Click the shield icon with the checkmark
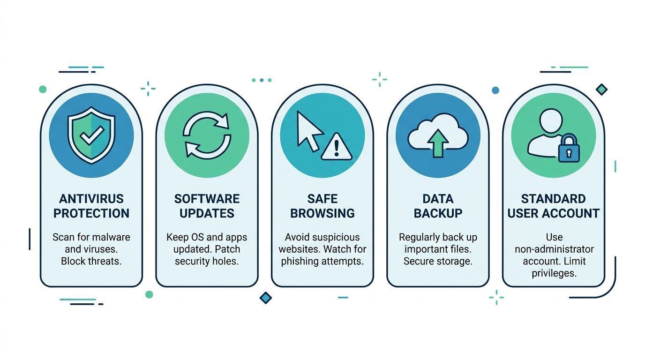click(x=91, y=135)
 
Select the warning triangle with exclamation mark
click(x=337, y=147)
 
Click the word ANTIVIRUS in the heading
click(x=91, y=199)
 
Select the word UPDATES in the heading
click(x=207, y=213)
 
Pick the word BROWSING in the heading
click(x=322, y=213)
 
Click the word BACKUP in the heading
click(x=438, y=213)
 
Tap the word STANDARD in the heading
click(x=554, y=199)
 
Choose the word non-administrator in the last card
click(x=554, y=249)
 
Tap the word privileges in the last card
click(x=554, y=273)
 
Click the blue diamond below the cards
click(x=266, y=297)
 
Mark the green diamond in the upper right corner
click(x=601, y=90)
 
